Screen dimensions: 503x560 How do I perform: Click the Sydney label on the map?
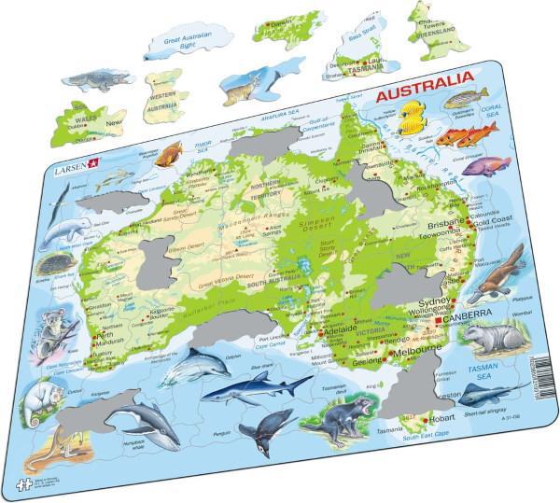(x=433, y=303)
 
